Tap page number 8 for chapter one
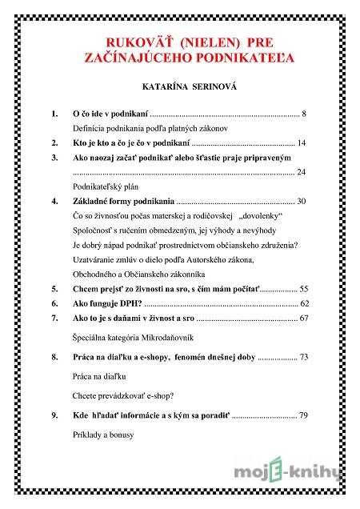click(x=305, y=114)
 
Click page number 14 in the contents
click(x=302, y=142)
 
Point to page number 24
click(x=302, y=172)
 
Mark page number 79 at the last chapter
click(x=302, y=416)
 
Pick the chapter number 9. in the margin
click(x=54, y=416)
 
